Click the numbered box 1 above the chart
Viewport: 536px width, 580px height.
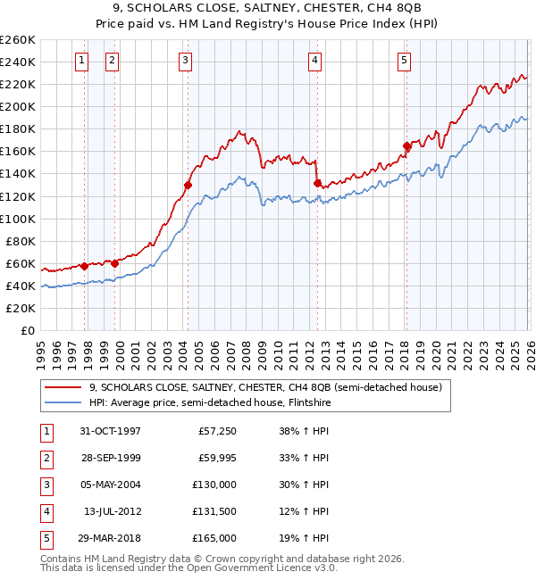pos(81,61)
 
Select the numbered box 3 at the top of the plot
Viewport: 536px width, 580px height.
pos(185,61)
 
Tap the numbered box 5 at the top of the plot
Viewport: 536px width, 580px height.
pos(404,61)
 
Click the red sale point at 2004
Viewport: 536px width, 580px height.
pos(188,185)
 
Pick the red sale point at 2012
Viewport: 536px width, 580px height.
pos(317,183)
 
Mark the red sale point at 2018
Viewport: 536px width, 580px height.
pos(406,145)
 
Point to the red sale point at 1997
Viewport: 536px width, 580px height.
pos(85,266)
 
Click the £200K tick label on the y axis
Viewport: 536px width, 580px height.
pos(18,106)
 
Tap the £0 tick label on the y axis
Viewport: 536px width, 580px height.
pos(27,330)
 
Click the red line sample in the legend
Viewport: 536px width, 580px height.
pos(64,388)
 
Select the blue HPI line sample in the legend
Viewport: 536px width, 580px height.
pos(64,402)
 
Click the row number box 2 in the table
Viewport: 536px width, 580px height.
pos(46,458)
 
